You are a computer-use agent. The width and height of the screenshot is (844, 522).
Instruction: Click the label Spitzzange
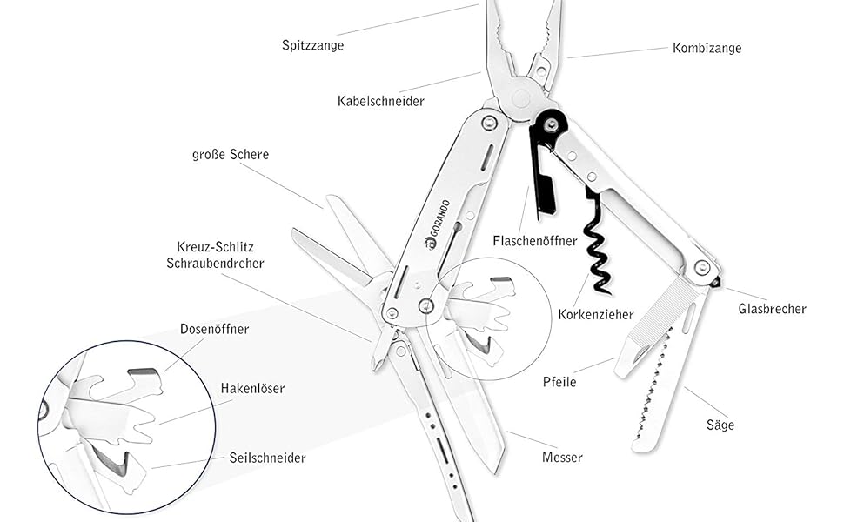312,45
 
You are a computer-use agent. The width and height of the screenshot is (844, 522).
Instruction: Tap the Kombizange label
707,48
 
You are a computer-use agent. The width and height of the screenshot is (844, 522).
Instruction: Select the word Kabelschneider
380,101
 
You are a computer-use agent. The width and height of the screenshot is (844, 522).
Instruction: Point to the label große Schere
230,155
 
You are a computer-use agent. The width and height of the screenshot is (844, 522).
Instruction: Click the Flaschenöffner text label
534,241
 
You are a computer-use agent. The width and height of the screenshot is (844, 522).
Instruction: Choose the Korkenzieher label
596,314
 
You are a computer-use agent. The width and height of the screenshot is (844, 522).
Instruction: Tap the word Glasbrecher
772,309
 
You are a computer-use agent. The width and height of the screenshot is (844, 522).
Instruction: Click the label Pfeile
559,381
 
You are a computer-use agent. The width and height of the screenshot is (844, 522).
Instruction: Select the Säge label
720,425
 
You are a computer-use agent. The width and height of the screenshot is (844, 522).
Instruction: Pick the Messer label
561,458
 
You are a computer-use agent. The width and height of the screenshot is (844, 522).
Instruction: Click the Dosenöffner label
214,330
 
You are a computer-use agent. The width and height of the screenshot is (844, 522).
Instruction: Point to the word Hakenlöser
252,388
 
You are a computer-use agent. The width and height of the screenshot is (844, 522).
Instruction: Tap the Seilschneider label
267,458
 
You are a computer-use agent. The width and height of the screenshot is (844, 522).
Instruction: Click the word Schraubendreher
214,263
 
